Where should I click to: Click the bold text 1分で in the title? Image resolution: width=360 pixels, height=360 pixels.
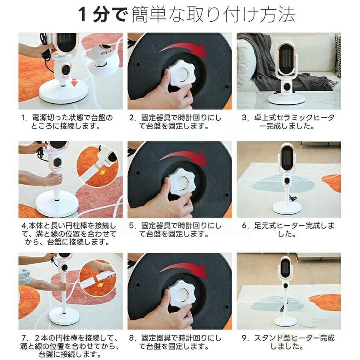(103, 14)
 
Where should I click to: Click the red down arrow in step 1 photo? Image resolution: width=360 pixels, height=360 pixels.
(74, 82)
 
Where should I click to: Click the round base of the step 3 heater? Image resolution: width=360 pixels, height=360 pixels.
(287, 98)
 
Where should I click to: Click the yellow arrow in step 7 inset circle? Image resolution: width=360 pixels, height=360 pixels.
(100, 285)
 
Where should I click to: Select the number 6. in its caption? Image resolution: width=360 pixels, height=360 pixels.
(246, 226)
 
